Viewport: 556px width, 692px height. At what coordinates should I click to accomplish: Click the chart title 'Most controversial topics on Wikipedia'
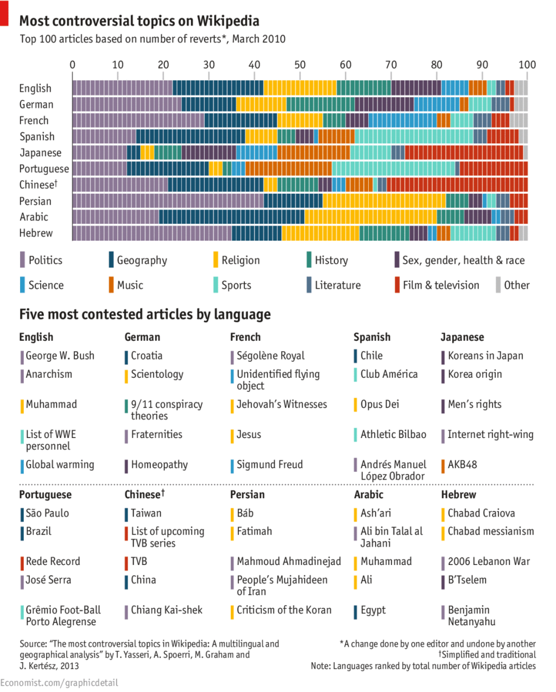pos(139,21)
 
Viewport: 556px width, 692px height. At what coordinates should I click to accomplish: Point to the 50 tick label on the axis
pos(300,65)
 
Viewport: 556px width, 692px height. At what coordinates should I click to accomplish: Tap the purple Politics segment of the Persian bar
pos(168,201)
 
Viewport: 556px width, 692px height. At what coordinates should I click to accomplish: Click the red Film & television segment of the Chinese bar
pos(457,185)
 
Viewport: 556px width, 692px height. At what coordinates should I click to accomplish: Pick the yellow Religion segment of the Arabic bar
pos(370,217)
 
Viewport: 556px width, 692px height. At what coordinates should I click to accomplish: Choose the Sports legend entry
pos(236,285)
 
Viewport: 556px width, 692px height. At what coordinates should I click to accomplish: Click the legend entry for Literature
pos(337,285)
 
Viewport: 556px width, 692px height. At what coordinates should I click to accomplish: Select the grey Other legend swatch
pos(498,285)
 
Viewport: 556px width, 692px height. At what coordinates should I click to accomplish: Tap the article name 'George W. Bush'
pos(60,355)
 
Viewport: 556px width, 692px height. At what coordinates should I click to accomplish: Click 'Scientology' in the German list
pos(157,374)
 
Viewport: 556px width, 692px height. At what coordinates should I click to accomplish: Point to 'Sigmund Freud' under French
pos(269,465)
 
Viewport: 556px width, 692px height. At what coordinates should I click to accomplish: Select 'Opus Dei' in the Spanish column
pos(380,404)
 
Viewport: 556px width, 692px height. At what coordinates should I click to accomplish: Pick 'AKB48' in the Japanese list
pos(462,465)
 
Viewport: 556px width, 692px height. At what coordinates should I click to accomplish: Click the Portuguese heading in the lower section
pos(45,494)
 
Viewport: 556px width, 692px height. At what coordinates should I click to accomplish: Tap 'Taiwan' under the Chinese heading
pos(146,513)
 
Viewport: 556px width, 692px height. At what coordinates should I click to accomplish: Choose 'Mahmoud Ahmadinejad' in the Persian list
pos(288,561)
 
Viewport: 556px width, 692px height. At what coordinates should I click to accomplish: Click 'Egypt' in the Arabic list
pos(372,610)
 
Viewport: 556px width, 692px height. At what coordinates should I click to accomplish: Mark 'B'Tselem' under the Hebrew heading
pos(467,580)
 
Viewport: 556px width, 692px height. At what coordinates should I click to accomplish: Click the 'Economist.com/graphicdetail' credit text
pos(59,683)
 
